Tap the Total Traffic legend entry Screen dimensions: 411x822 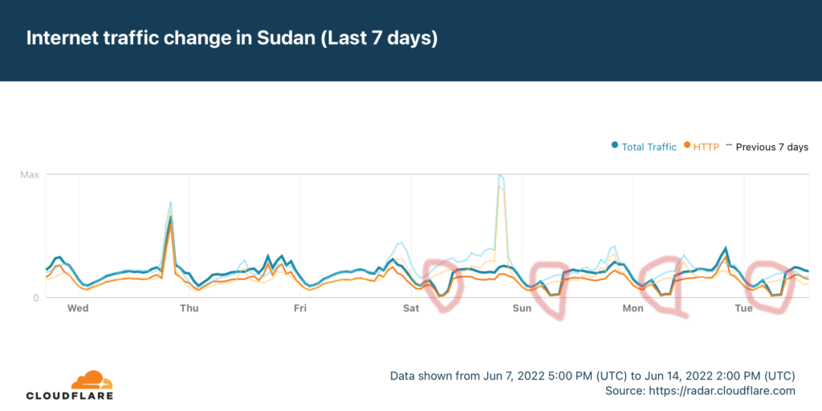(649, 147)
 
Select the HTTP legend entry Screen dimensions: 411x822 (706, 147)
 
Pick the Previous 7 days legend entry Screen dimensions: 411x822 (771, 147)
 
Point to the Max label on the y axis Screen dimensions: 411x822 (31, 174)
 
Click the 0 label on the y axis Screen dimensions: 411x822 (35, 298)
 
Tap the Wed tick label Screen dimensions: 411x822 (78, 308)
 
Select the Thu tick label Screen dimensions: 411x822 (189, 308)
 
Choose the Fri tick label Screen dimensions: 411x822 (300, 308)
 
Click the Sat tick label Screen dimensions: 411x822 (411, 308)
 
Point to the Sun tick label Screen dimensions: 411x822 (522, 308)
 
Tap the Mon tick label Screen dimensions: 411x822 (633, 308)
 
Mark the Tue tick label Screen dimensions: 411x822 (744, 308)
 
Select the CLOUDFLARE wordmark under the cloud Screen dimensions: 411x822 (70, 396)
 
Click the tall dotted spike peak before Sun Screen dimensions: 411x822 (500, 175)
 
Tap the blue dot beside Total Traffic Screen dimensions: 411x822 (615, 146)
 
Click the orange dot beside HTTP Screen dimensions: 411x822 (688, 146)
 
